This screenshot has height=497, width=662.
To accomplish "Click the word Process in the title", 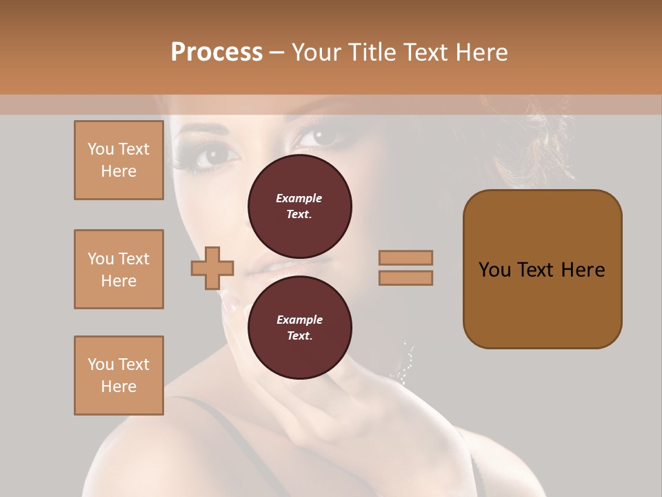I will click(x=217, y=52).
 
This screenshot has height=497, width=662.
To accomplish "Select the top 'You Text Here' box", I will click(x=119, y=160).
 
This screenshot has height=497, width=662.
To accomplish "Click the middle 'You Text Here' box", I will click(x=119, y=269).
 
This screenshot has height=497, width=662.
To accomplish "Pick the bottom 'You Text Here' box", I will click(x=119, y=376).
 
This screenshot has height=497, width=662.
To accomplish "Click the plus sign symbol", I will click(x=212, y=268).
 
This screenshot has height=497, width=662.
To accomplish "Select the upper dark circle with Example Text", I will click(x=300, y=206).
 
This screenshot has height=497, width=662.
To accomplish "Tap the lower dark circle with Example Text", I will click(x=300, y=327).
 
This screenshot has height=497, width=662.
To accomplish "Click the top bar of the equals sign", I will click(x=405, y=257).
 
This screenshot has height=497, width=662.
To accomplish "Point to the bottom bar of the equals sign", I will click(x=405, y=277).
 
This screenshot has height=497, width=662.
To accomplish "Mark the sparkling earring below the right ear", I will click(x=405, y=366).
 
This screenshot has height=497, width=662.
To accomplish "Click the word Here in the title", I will click(x=481, y=52).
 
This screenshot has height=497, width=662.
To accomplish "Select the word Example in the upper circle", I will click(x=299, y=198).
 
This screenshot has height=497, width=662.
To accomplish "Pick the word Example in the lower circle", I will click(x=299, y=320).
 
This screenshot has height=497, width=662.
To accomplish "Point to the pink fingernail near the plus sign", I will click(x=233, y=304).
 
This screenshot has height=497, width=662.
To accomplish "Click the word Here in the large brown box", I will click(x=583, y=269).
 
